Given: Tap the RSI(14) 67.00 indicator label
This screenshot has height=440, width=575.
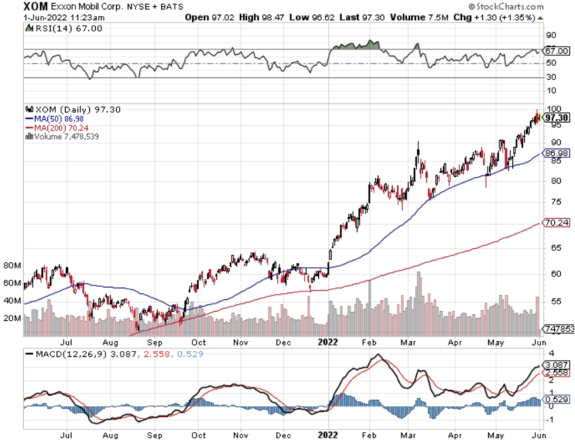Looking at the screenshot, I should point(56,28).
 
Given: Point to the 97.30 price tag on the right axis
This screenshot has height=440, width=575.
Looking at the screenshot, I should point(559,118).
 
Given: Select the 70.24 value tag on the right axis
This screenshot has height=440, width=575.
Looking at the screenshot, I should point(559,223).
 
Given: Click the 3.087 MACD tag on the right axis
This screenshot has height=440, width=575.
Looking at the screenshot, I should point(559,364).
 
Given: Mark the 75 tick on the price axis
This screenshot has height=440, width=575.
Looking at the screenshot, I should point(556,202).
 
